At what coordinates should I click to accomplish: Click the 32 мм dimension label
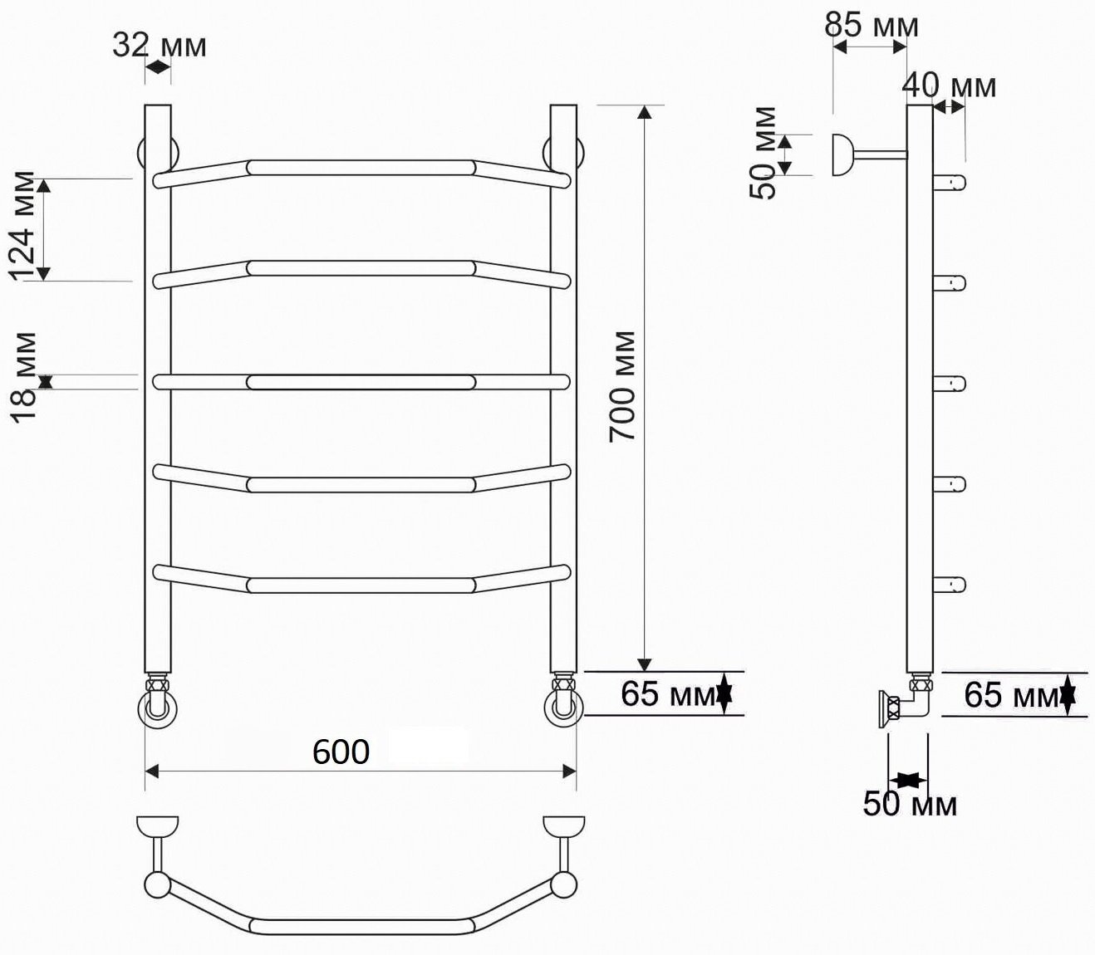[159, 46]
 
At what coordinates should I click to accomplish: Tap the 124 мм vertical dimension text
[22, 227]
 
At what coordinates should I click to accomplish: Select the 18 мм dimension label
[24, 378]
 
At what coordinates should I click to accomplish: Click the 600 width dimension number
[341, 752]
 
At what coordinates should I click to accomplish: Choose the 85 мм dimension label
[872, 25]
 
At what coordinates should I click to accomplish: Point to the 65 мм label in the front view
[669, 694]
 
